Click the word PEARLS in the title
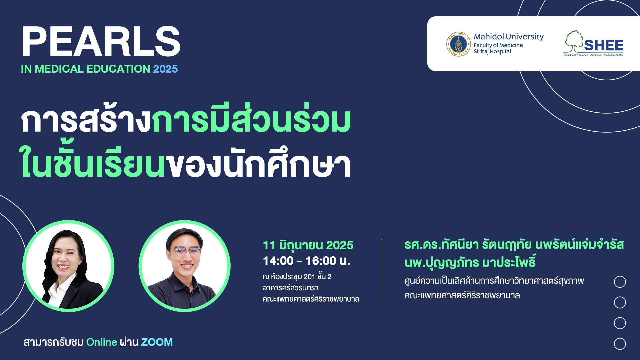click(101, 42)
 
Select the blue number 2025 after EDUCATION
click(165, 69)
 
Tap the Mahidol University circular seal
click(458, 44)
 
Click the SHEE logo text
click(603, 45)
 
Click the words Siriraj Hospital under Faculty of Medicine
click(492, 51)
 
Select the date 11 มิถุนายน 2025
click(308, 245)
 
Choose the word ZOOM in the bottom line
click(157, 342)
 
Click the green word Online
click(102, 342)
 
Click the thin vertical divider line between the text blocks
click(382, 271)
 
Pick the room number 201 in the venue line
click(309, 277)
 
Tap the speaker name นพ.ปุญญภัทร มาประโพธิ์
click(470, 262)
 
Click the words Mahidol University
click(509, 36)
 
